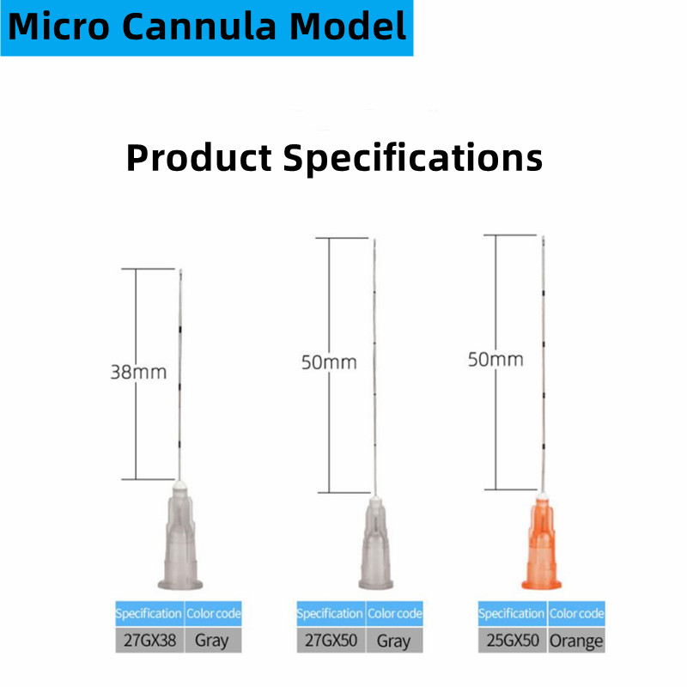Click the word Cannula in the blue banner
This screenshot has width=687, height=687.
coord(199,27)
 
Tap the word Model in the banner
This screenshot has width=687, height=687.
coord(349,27)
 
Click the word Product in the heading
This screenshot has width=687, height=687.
coord(199,159)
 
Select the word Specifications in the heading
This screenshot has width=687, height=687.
coord(413,160)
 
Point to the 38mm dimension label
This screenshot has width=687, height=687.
coord(138,372)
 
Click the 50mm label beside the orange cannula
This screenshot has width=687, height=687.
coord(495,359)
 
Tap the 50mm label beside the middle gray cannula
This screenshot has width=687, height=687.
coord(329,362)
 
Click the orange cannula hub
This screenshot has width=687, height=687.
coord(542,541)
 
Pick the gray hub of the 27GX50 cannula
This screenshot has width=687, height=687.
coord(375,544)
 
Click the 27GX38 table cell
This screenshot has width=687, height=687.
coord(149,640)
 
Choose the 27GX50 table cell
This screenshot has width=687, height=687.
coord(331,640)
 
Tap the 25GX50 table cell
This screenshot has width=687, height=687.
coord(513,640)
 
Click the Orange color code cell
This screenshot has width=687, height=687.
coord(576,640)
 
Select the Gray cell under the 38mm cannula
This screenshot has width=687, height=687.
coord(213,640)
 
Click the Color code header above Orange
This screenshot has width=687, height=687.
coord(576,613)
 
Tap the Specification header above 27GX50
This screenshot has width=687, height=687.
coord(331,613)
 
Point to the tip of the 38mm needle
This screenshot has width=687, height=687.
coord(180,270)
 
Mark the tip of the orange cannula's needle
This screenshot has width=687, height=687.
coord(544,237)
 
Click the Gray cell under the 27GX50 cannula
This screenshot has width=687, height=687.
coord(394,640)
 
